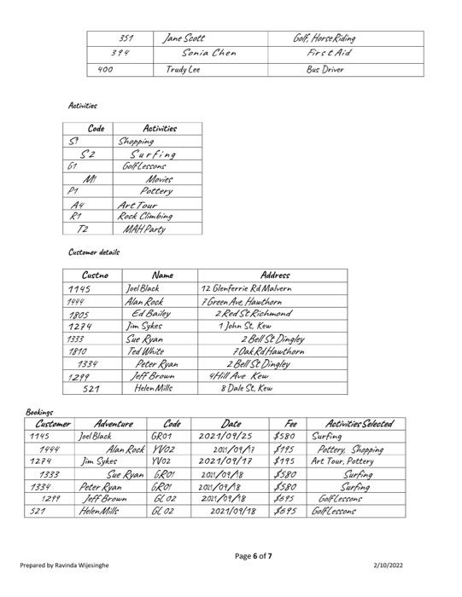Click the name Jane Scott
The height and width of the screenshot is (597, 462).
pyautogui.click(x=185, y=38)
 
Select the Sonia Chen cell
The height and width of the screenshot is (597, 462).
pyautogui.click(x=208, y=54)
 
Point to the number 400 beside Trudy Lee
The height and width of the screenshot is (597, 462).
pyautogui.click(x=107, y=69)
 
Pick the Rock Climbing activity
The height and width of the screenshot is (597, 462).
pyautogui.click(x=144, y=216)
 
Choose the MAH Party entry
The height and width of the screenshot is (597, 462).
pyautogui.click(x=143, y=229)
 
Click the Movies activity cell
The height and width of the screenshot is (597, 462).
pyautogui.click(x=159, y=179)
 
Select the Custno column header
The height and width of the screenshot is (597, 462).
pyautogui.click(x=95, y=275)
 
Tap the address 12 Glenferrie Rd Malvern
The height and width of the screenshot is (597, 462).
pyautogui.click(x=246, y=288)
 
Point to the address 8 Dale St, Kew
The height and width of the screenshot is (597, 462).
pyautogui.click(x=246, y=388)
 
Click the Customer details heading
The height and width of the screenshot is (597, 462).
pyautogui.click(x=94, y=252)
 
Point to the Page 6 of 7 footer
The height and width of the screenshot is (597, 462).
pyautogui.click(x=254, y=556)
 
